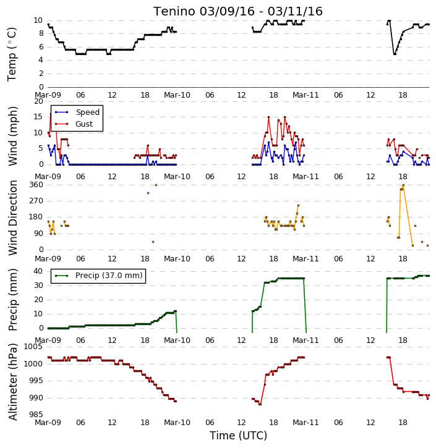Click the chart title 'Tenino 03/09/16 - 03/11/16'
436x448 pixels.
point(238,11)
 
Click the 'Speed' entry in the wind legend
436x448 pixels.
point(87,112)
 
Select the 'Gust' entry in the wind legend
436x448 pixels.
point(84,124)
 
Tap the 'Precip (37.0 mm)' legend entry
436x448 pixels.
point(109,276)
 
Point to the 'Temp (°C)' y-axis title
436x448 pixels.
point(12,54)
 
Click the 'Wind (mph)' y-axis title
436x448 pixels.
point(12,136)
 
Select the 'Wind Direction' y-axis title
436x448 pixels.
point(12,218)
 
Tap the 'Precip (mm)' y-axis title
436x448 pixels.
point(12,300)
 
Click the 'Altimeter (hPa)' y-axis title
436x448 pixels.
point(12,382)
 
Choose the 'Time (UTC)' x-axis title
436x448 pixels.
point(238,436)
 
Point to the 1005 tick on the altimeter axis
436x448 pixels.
point(33,347)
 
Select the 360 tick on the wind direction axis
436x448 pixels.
point(36,185)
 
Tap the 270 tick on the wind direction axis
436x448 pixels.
point(36,201)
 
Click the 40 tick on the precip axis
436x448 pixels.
point(38,271)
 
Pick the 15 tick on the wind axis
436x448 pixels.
point(38,117)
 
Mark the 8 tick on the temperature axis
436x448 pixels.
point(41,33)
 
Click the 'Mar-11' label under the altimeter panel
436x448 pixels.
point(306,422)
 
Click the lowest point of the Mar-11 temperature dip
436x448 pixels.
point(395,54)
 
